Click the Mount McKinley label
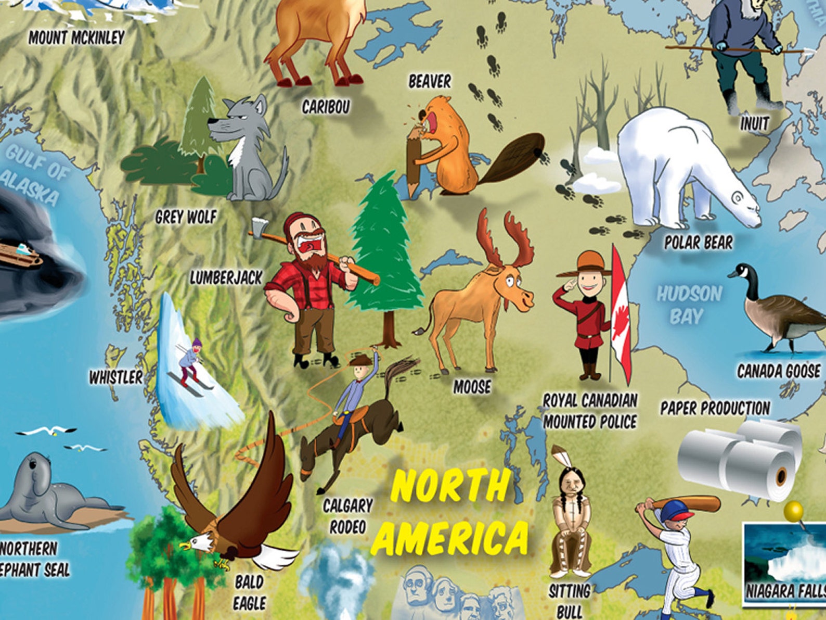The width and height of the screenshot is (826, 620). tap(76, 37)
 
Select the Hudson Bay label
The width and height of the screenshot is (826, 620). tap(688, 305)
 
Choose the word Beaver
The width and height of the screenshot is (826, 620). tap(430, 81)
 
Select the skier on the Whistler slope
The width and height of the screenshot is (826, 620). tap(190, 362)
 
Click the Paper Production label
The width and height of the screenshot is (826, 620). tap(715, 408)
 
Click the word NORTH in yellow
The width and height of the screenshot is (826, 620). tap(449, 486)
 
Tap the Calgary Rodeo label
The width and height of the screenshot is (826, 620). tap(347, 515)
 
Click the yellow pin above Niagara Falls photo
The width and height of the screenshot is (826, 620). tap(793, 511)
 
